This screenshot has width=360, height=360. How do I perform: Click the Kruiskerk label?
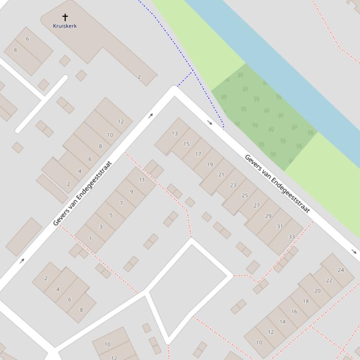pyautogui.click(x=65, y=26)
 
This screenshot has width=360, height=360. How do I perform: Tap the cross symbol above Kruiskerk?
pyautogui.click(x=65, y=17)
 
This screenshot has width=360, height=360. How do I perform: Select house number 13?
pyautogui.click(x=175, y=134)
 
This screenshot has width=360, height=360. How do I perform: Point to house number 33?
pyautogui.click(x=292, y=237)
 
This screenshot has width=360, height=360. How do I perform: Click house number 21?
pyautogui.click(x=221, y=175)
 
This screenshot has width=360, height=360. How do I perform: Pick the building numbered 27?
pyautogui.click(x=257, y=206)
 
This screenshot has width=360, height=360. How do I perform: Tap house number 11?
pyautogui.click(x=142, y=180)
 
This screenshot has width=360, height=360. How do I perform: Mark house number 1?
pyautogui.click(x=90, y=238)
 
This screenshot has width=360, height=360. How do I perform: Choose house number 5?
pyautogui.click(x=111, y=216)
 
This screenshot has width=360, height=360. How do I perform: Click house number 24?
pyautogui.click(x=341, y=270)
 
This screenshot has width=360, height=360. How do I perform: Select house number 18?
pyautogui.click(x=306, y=302)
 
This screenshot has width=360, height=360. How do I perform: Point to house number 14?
pyautogui.click(x=283, y=322)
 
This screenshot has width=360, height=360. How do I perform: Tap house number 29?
pyautogui.click(x=268, y=216)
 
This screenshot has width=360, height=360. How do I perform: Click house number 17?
pyautogui.click(x=198, y=154)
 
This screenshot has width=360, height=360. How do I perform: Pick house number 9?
pyautogui.click(x=132, y=192)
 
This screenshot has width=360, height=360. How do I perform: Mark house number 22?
pyautogui.click(x=329, y=281)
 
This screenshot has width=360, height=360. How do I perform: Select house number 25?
pyautogui.click(x=245, y=195)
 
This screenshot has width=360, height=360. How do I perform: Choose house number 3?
pyautogui.click(x=101, y=227)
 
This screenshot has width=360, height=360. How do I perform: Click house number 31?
pyautogui.click(x=280, y=227)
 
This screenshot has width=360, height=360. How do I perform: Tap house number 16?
pyautogui.click(x=294, y=312)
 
